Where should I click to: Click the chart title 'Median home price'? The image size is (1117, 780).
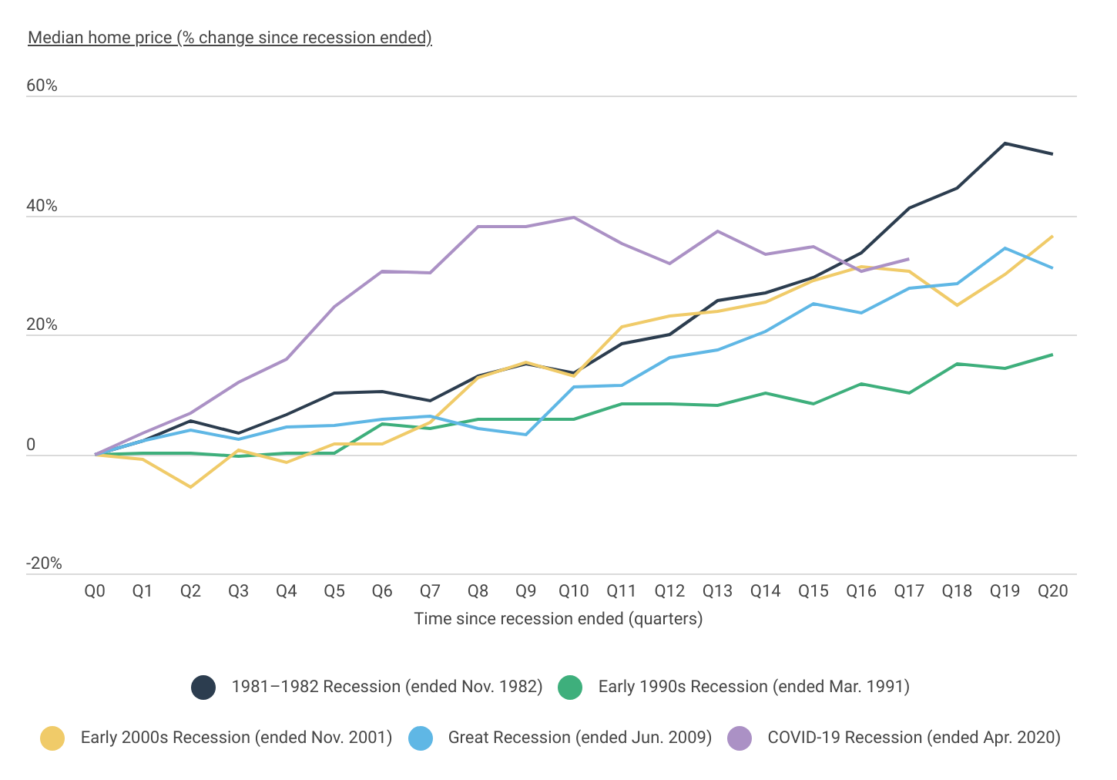tap(230, 38)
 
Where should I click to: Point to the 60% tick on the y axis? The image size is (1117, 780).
tap(42, 86)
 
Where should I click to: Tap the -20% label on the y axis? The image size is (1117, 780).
tap(44, 563)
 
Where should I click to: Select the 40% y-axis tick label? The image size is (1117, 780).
tap(42, 206)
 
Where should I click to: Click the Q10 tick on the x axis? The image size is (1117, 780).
tap(573, 591)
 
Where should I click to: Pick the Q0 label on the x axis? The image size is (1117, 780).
tap(95, 591)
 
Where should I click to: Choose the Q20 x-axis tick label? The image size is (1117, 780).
tap(1052, 591)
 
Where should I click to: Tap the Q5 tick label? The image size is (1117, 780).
tap(334, 591)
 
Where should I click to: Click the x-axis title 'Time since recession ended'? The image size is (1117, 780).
tap(558, 619)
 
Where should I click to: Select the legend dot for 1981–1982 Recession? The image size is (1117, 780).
tap(203, 687)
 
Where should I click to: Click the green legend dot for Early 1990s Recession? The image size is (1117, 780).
tap(570, 687)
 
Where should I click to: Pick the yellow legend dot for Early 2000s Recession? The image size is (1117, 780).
tap(52, 738)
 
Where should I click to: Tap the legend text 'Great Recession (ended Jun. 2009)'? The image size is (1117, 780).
tap(579, 738)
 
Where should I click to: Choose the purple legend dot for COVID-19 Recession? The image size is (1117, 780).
tap(740, 738)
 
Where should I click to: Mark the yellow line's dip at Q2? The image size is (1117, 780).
tap(190, 487)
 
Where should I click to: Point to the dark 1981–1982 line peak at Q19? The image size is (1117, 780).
tap(1005, 143)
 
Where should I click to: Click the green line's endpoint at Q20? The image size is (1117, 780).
tap(1052, 355)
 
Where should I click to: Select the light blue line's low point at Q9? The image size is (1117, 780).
tap(525, 435)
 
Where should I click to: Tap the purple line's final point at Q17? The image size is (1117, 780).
tap(909, 259)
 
